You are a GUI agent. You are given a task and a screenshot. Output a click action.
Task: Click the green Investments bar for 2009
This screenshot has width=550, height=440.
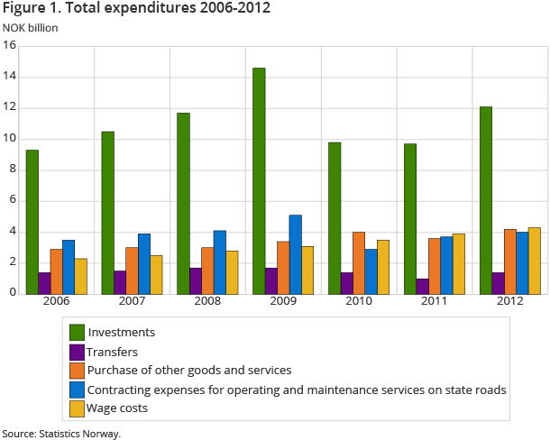point(259,180)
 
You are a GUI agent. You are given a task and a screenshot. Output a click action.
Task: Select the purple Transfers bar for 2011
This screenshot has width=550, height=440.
point(422,286)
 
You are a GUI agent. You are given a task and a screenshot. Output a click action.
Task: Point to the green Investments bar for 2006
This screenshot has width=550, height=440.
point(32,221)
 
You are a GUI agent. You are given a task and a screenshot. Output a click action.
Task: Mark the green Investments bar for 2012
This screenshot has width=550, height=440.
point(485,199)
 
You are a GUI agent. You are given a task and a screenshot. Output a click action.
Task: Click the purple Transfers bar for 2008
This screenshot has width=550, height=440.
point(196,280)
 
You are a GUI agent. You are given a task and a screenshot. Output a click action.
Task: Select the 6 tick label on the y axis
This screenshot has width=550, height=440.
point(12,200)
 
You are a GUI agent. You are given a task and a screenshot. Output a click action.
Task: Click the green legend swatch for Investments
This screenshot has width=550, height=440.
point(77,332)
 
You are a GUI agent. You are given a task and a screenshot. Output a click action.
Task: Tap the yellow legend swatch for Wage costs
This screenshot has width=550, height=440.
point(77,408)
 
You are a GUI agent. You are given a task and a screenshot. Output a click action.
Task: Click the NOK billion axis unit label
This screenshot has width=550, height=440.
point(30,27)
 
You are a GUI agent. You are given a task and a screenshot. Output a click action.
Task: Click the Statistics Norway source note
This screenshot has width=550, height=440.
point(60,433)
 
